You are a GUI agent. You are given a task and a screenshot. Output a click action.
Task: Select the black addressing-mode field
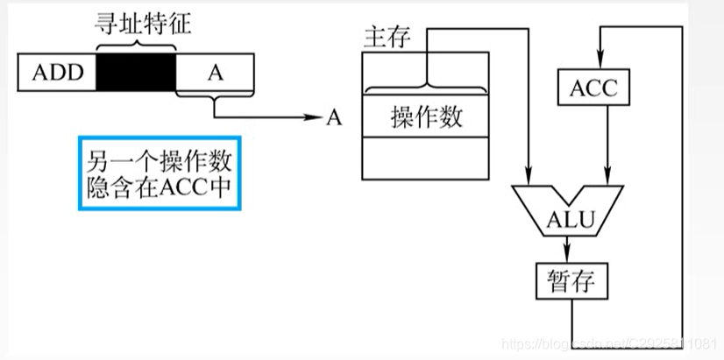click(136, 72)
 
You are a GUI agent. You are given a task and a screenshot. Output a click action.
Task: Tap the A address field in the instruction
click(216, 72)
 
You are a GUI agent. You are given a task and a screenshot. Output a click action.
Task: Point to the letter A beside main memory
click(333, 118)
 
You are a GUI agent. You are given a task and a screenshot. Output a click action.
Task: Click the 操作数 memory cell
click(425, 117)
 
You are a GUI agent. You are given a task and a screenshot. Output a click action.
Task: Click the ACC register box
click(593, 88)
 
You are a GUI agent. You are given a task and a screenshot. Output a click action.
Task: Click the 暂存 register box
click(571, 282)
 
